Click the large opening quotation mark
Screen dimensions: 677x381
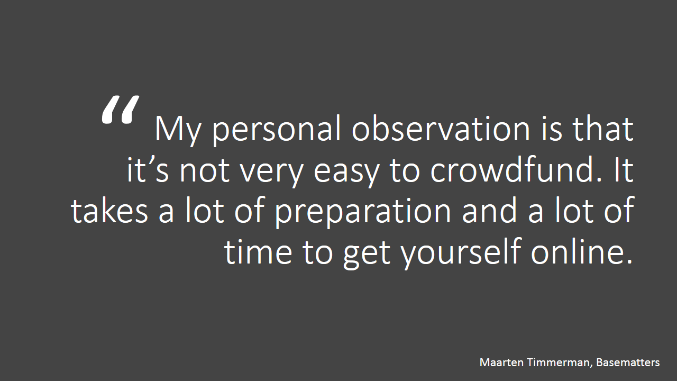120,110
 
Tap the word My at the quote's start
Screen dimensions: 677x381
178,131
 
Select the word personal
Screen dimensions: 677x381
276,130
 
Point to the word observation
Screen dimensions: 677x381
441,128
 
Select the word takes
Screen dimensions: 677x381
109,210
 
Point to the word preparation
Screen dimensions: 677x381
363,212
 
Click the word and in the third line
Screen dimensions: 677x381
489,210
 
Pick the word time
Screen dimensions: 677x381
259,251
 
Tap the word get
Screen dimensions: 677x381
367,254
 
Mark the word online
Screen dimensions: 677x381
581,251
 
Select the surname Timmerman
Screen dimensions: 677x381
560,363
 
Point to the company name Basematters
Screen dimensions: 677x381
628,362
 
